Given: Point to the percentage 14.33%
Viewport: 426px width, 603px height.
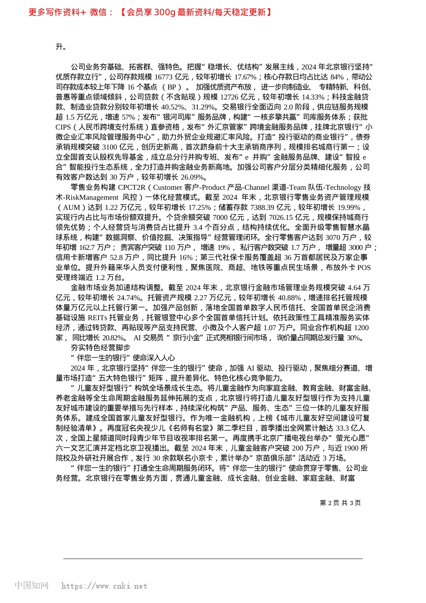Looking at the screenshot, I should [312, 97].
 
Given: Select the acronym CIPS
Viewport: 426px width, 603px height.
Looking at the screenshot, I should [63, 127].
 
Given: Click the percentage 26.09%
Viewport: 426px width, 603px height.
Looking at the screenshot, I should [193, 177].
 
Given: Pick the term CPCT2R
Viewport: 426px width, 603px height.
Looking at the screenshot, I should [131, 187].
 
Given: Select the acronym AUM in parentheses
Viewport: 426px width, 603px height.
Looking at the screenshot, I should [71, 207].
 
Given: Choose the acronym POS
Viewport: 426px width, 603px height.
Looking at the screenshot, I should [364, 267].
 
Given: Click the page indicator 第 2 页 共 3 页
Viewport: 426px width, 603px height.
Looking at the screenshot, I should [340, 503].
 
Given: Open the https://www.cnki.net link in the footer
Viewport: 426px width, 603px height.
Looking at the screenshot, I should [104, 586].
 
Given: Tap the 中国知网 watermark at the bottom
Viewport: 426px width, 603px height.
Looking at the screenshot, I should [31, 586].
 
